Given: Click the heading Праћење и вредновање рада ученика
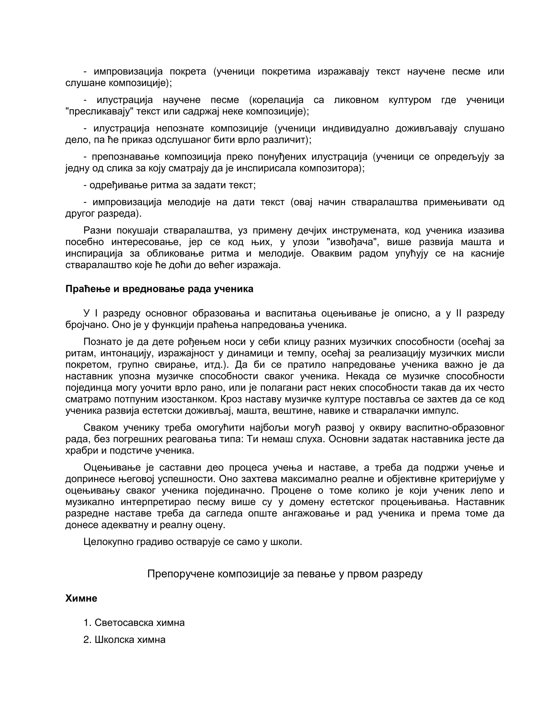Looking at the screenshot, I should click(159, 289).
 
